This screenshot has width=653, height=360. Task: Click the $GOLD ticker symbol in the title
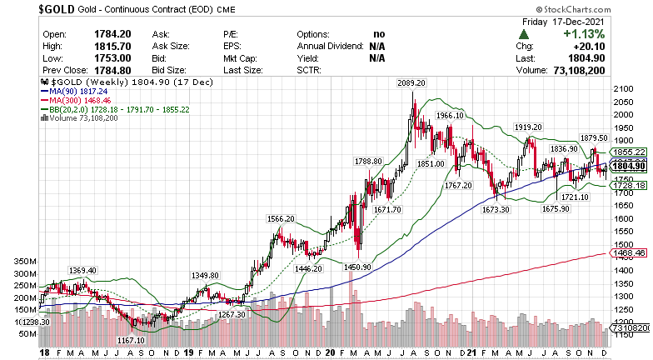click(x=24, y=9)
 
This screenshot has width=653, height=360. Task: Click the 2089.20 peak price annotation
click(x=411, y=83)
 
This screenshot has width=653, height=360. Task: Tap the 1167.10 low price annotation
click(x=132, y=340)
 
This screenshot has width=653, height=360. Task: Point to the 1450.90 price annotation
click(x=356, y=266)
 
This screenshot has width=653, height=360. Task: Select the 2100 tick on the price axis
click(x=623, y=89)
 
